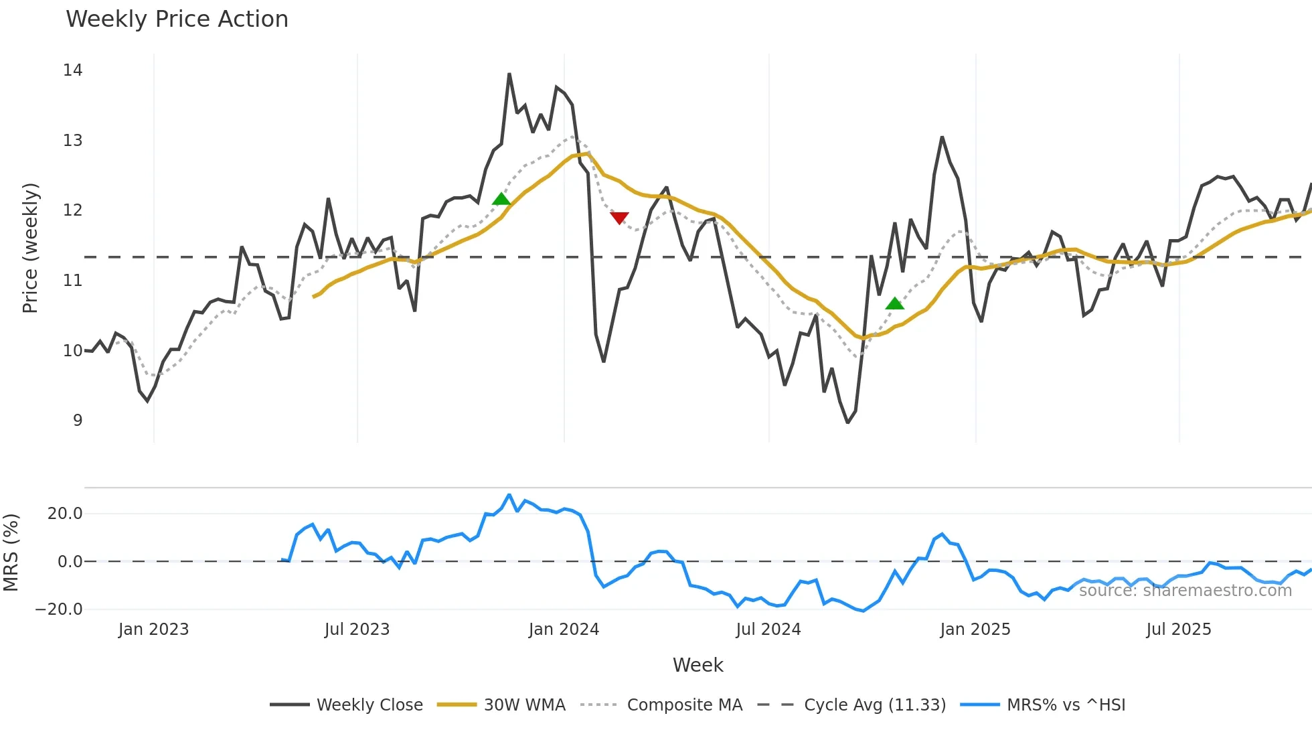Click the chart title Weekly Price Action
(x=177, y=19)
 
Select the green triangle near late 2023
(x=501, y=199)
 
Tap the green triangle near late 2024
(x=894, y=304)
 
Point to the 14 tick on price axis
(x=72, y=70)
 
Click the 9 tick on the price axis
(x=78, y=421)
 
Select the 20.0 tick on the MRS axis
(x=65, y=514)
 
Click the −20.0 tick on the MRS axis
(x=59, y=609)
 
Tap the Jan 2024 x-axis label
(x=564, y=630)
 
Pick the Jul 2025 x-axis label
(x=1178, y=630)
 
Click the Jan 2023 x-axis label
(x=153, y=630)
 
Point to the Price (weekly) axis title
(x=30, y=248)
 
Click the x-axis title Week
(x=698, y=665)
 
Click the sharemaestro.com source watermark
(x=1185, y=591)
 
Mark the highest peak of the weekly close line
(x=509, y=74)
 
